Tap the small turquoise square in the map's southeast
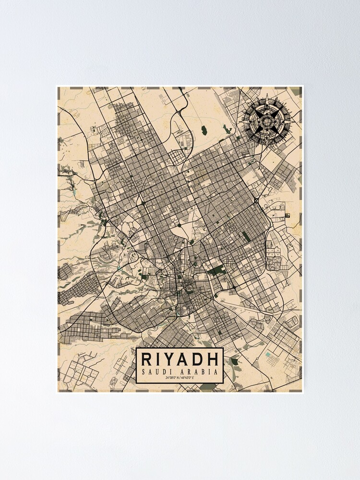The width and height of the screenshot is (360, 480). (268, 355)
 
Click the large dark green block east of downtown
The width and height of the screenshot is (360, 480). (217, 270)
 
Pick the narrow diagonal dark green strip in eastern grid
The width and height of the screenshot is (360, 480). (246, 236)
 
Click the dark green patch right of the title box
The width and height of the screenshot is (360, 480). (234, 361)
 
